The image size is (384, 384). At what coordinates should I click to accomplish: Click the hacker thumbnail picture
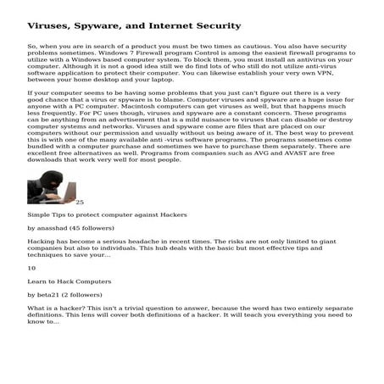51,187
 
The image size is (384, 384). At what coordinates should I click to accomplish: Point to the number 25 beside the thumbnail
80,203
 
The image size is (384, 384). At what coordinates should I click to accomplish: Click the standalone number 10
32,268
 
